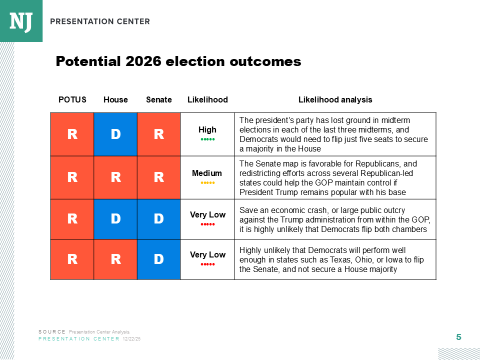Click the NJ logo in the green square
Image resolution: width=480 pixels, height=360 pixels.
(20, 20)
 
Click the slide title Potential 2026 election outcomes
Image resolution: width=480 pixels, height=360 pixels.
(178, 61)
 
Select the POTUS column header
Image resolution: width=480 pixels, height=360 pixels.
(72, 99)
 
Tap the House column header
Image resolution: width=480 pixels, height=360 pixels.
(115, 99)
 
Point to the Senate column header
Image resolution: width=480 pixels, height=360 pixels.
(159, 99)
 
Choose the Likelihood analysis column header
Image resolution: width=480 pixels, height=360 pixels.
(335, 99)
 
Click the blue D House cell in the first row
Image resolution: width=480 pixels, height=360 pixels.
(115, 134)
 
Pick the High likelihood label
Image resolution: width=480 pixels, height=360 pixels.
(207, 130)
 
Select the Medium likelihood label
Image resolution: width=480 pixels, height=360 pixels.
(207, 173)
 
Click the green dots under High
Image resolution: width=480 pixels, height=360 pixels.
(207, 139)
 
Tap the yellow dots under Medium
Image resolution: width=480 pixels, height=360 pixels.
(207, 182)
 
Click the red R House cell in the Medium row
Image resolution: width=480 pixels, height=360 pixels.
(115, 177)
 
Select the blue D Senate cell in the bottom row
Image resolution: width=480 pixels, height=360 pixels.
(158, 259)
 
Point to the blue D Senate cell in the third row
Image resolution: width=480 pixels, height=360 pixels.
(158, 219)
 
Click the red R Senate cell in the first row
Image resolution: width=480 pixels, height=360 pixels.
(158, 134)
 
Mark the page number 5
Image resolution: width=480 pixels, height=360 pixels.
(458, 337)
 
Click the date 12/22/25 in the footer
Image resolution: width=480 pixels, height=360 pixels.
(131, 339)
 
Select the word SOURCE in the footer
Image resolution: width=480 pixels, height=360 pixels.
(52, 332)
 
